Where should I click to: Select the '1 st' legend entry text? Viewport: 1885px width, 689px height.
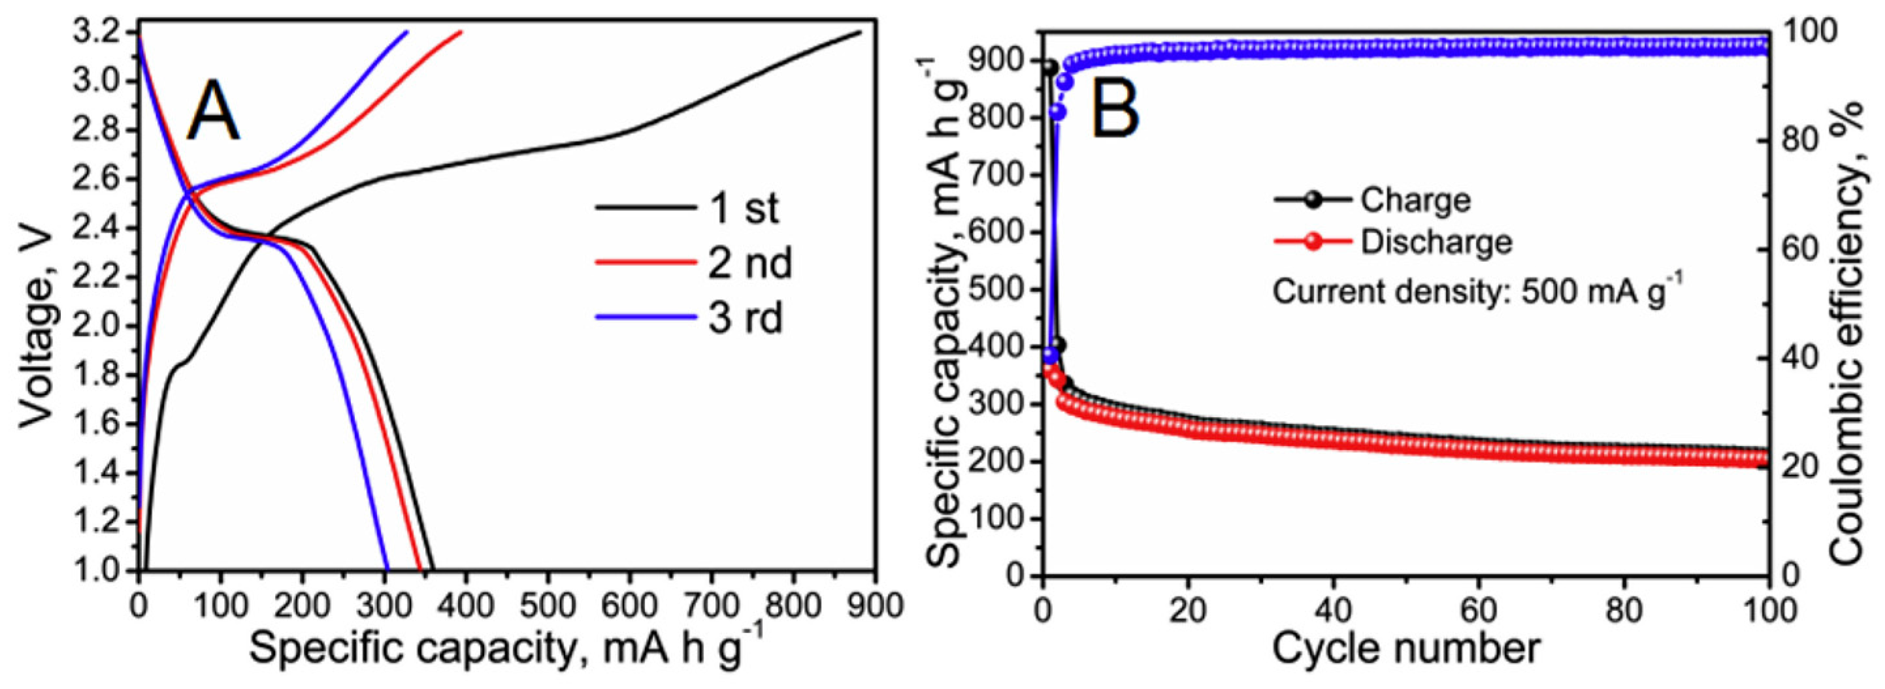pos(744,208)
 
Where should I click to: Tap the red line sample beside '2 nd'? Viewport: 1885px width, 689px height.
pos(644,263)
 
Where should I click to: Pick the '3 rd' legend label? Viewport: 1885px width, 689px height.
pos(745,318)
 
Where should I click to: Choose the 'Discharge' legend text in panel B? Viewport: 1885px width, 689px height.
pos(1435,242)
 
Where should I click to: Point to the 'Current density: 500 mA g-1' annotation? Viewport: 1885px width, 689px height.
pos(1477,291)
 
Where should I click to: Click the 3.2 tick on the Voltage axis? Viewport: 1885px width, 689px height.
pos(99,33)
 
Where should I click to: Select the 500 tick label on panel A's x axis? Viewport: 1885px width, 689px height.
pos(548,606)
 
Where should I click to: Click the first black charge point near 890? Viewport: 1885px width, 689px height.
pos(1049,67)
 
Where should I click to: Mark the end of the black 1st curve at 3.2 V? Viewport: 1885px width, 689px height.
pos(860,32)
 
